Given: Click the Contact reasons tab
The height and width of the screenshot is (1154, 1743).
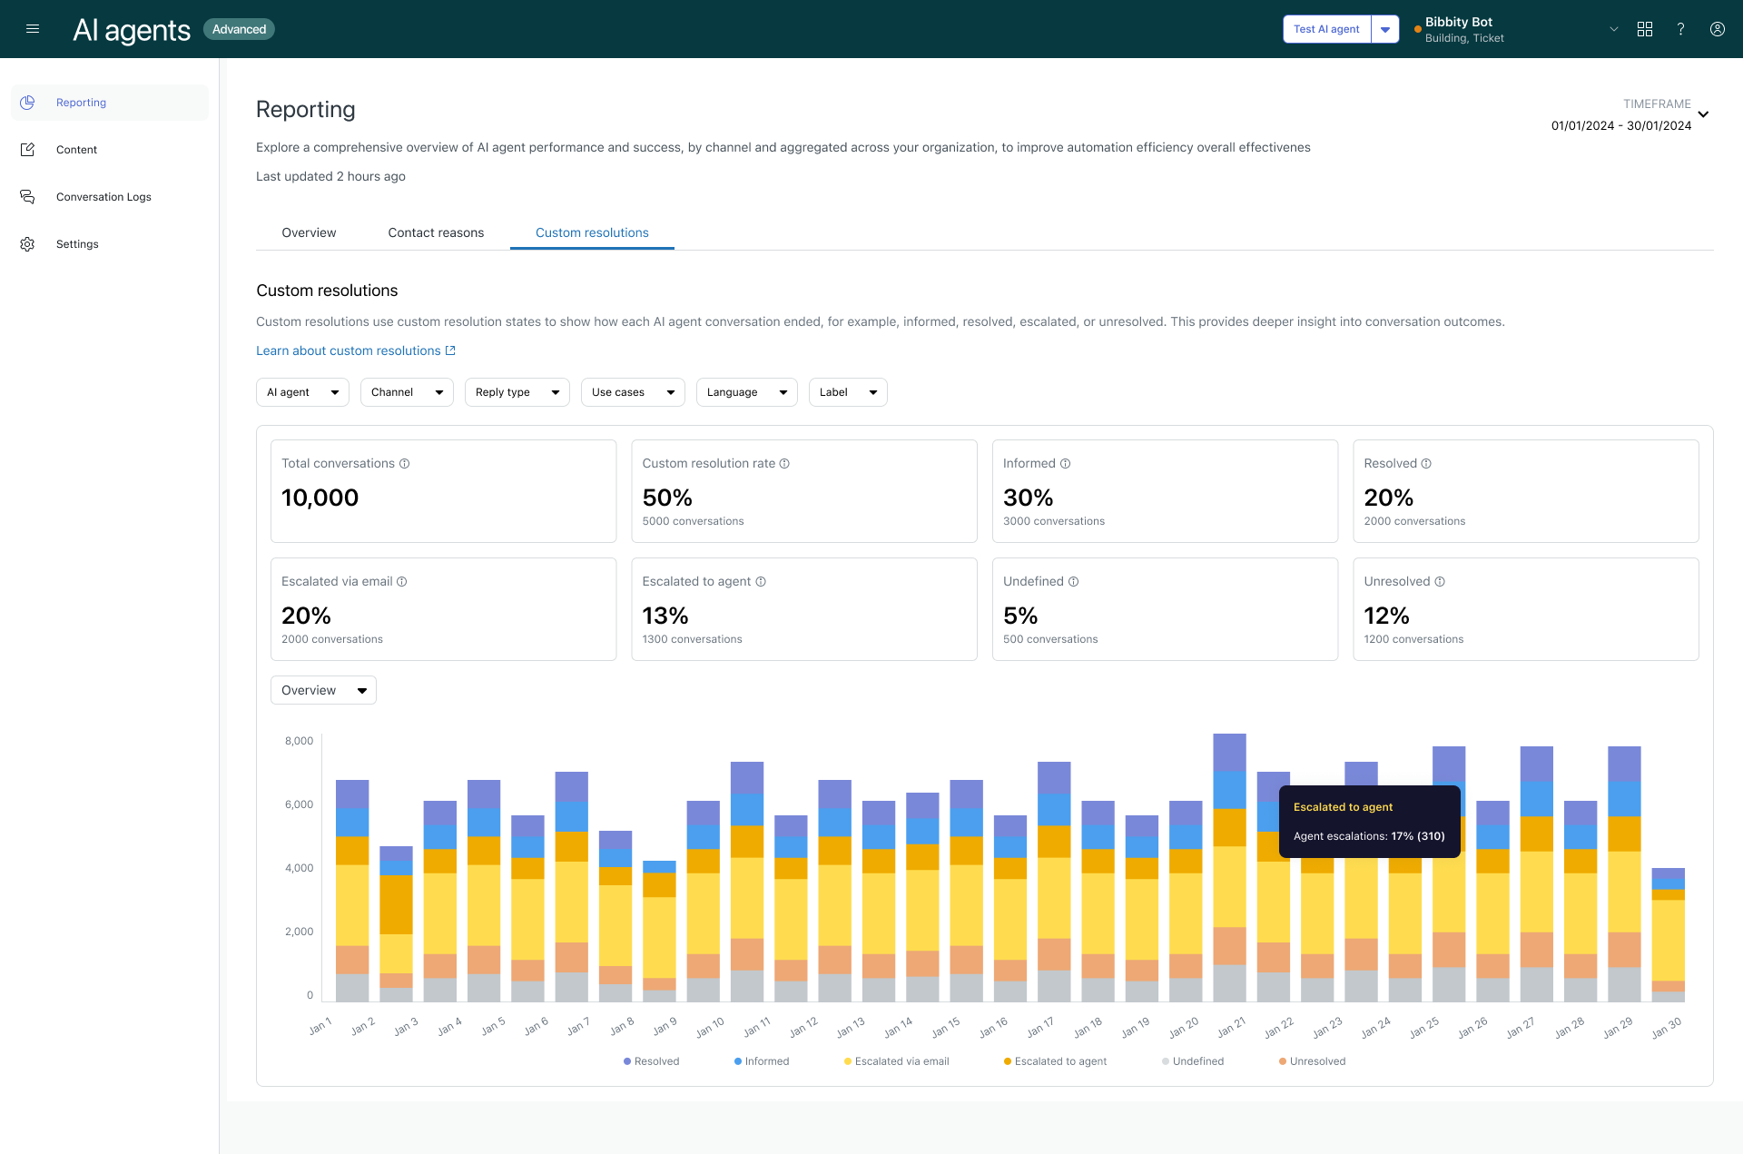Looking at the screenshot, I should point(436,232).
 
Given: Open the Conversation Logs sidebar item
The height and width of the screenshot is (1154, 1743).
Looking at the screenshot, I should point(103,197).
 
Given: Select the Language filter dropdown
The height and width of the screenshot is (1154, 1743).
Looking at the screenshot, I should point(746,392).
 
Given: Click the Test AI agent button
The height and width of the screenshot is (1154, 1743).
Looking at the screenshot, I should point(1326,29).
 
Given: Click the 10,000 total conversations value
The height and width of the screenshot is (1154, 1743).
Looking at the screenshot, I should point(320,498).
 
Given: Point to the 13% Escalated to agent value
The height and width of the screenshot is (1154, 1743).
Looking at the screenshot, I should point(665,616).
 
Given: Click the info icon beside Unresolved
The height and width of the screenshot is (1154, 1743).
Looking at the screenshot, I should point(1440,582).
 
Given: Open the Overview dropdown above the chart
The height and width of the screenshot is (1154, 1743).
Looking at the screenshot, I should point(323,690).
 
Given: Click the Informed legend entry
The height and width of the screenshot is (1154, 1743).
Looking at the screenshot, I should point(766,1061).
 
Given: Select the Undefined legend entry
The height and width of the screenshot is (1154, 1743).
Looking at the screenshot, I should point(1197,1061).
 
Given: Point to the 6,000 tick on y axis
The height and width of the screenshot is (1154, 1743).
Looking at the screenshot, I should point(299,804).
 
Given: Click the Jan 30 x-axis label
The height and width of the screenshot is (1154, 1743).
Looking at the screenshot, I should point(1667,1027).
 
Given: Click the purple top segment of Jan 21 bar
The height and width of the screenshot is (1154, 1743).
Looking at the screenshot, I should point(1229,752).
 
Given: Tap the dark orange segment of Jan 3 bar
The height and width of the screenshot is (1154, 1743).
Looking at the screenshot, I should point(396,903).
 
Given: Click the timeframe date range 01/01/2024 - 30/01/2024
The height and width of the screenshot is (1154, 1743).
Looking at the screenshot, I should point(1620,126).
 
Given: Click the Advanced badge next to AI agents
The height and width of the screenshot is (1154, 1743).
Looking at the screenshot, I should point(239,29).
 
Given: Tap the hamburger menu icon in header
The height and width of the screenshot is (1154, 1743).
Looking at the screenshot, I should point(33,29).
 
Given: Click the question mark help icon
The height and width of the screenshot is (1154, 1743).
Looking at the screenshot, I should point(1680,29).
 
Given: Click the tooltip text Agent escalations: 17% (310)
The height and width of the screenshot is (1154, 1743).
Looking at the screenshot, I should point(1368,836).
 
